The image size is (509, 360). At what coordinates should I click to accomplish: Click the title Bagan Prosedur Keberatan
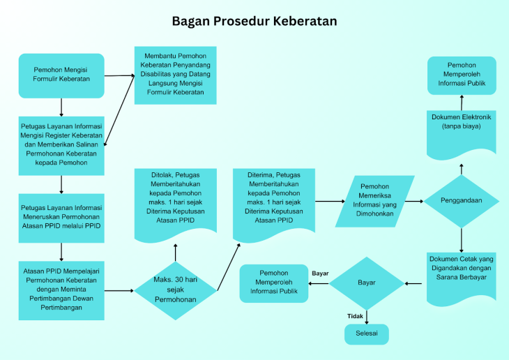pyautogui.click(x=254, y=22)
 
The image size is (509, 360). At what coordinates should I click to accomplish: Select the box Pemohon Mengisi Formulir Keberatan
pyautogui.click(x=61, y=75)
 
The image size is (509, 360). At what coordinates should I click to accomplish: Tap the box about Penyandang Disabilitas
pyautogui.click(x=175, y=74)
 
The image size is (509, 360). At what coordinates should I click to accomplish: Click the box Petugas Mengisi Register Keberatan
pyautogui.click(x=61, y=145)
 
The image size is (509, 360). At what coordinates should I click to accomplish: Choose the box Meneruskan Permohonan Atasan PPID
pyautogui.click(x=61, y=217)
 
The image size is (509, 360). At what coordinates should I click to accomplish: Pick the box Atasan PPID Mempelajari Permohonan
pyautogui.click(x=61, y=290)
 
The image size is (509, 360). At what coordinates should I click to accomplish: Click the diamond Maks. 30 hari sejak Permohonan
pyautogui.click(x=175, y=290)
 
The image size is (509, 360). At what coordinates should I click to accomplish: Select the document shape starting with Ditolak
pyautogui.click(x=175, y=202)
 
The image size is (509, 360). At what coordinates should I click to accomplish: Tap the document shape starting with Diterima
pyautogui.click(x=274, y=202)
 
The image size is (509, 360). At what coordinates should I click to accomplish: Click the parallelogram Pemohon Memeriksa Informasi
pyautogui.click(x=374, y=201)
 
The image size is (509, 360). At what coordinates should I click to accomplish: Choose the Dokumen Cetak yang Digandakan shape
pyautogui.click(x=461, y=275)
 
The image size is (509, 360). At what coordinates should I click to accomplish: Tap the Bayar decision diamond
pyautogui.click(x=366, y=283)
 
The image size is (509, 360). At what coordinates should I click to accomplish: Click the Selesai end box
pyautogui.click(x=366, y=334)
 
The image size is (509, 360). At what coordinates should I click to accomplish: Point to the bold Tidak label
pyautogui.click(x=355, y=316)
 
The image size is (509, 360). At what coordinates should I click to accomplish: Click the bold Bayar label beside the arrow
pyautogui.click(x=320, y=273)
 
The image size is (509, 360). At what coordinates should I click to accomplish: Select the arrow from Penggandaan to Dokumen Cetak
pyautogui.click(x=461, y=239)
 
